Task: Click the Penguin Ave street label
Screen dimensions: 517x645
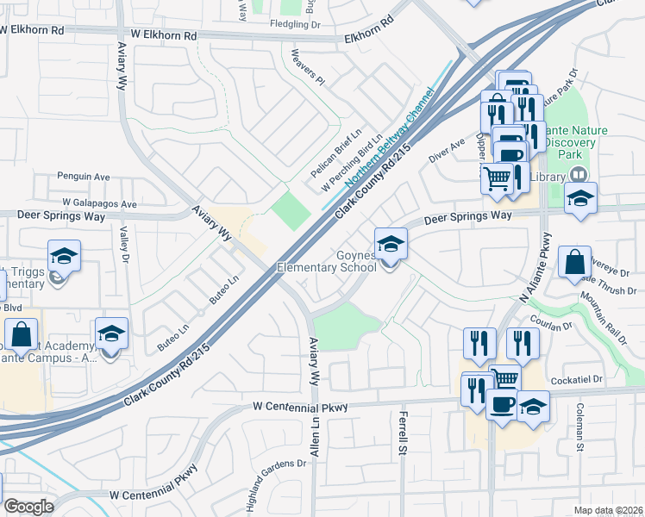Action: (x=84, y=177)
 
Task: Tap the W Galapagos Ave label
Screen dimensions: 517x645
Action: (x=99, y=204)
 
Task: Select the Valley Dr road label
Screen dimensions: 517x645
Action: (x=124, y=245)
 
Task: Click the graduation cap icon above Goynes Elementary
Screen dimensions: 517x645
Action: (x=391, y=243)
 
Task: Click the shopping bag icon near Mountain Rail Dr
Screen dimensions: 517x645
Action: (x=574, y=261)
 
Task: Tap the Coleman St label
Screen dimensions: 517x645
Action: (x=580, y=427)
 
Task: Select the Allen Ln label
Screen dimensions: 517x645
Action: (x=316, y=436)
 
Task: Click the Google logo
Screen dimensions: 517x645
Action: (x=28, y=507)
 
